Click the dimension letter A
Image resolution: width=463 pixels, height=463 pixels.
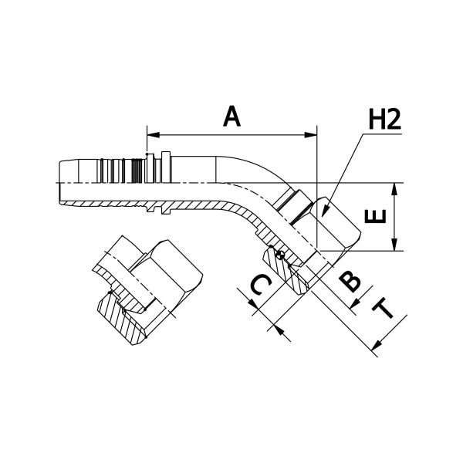tap(231, 117)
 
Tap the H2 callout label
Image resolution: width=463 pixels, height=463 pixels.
tap(385, 120)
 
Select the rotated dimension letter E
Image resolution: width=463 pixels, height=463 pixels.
tap(375, 216)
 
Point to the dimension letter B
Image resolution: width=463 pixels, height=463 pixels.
tap(350, 281)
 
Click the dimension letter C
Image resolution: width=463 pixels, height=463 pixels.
tap(261, 285)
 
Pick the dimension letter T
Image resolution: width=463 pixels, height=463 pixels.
tap(383, 309)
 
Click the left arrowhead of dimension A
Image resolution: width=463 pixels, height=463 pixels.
tap(153, 135)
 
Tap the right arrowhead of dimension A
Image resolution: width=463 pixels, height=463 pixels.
tap(311, 135)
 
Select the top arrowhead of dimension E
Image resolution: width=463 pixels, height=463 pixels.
tap(394, 189)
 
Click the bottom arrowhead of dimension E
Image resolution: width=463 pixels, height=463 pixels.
tap(394, 245)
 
